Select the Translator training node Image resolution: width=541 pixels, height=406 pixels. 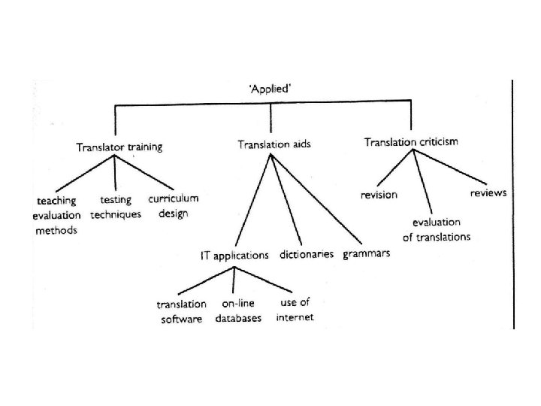pos(119,147)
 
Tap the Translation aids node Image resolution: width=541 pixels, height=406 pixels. pos(273,143)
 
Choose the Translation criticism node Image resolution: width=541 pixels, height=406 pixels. pos(411,141)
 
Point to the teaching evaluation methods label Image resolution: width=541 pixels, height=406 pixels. pos(58,216)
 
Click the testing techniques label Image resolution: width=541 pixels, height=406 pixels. pos(116,208)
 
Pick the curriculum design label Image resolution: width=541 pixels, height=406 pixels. pos(173,205)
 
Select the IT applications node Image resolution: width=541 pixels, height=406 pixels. pos(234,256)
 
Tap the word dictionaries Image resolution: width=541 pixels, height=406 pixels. pos(307,254)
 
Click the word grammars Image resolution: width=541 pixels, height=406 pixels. pos(367,253)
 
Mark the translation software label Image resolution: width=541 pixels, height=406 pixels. pos(181,311)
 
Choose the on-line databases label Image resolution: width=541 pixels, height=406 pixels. pos(238,311)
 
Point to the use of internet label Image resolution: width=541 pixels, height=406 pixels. pos(294,310)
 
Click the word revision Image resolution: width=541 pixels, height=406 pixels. pos(379,195)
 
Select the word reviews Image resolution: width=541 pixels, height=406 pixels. pos(488,193)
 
